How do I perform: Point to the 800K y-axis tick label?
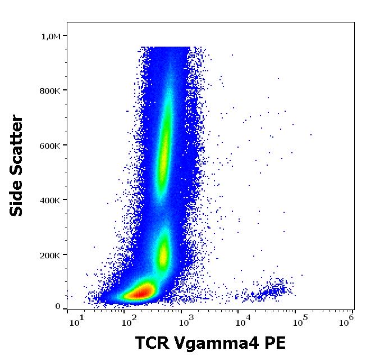click(x=50, y=91)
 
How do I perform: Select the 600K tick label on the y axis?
click(x=50, y=145)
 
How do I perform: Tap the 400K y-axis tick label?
click(x=50, y=200)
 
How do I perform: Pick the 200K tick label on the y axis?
click(x=50, y=255)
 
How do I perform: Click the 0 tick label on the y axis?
click(x=58, y=307)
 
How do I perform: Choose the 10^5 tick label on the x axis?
click(x=297, y=321)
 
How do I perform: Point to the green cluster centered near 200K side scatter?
click(x=163, y=253)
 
